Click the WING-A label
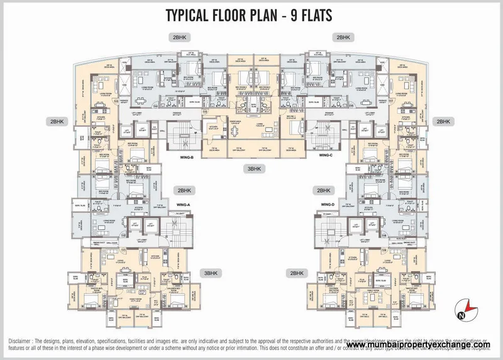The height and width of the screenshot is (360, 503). point(183,205)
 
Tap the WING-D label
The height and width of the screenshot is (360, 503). point(327,205)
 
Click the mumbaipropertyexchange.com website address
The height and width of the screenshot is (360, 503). point(417,345)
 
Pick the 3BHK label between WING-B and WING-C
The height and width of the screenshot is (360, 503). point(254,169)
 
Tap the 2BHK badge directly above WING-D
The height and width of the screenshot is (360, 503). point(323,190)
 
